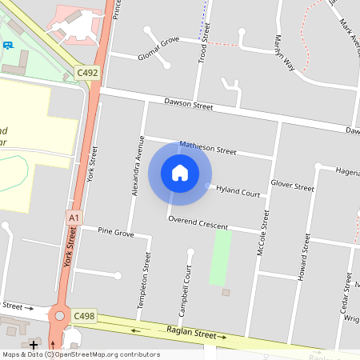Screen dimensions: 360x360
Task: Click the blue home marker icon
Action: [180, 173]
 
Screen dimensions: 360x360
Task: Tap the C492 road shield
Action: [87, 73]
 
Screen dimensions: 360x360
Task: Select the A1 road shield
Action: [74, 217]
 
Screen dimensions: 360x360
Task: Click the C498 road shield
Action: [84, 317]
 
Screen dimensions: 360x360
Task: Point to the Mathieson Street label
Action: [208, 148]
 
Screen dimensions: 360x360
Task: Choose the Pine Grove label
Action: [115, 231]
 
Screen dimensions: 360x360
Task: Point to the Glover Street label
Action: [292, 185]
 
